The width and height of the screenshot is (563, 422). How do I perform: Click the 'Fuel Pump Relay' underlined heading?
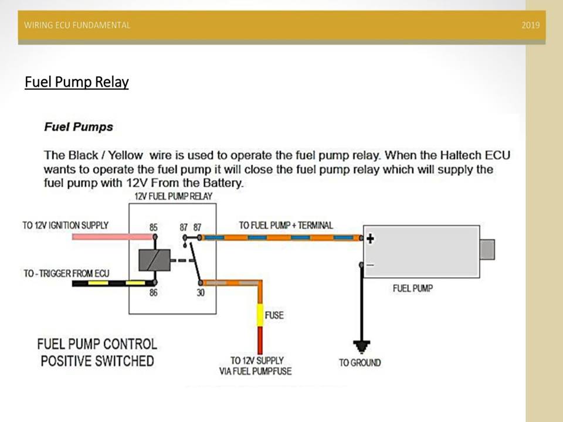[x=76, y=82]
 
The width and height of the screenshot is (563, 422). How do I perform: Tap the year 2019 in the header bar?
[x=530, y=25]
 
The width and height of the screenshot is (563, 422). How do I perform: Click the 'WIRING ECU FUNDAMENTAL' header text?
[x=77, y=25]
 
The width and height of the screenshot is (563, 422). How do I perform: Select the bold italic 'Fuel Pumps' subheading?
[x=79, y=127]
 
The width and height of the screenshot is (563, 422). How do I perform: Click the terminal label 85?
[x=154, y=227]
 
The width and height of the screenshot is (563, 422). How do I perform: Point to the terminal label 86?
[x=153, y=292]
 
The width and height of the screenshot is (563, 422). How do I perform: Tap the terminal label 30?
[x=201, y=292]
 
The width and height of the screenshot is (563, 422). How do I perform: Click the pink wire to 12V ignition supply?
[x=111, y=237]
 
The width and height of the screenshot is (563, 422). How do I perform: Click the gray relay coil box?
[x=154, y=260]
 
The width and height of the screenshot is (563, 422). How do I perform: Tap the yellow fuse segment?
[x=259, y=315]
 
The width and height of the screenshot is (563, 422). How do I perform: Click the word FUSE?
[x=274, y=315]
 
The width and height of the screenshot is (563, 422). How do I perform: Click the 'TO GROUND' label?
[x=359, y=363]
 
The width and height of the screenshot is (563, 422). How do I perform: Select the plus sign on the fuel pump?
[x=370, y=238]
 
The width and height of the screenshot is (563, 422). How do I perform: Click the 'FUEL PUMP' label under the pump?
[x=413, y=288]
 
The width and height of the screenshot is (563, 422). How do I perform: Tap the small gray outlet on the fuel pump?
[x=487, y=249]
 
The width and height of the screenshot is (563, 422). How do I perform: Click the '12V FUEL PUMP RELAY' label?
[x=174, y=196]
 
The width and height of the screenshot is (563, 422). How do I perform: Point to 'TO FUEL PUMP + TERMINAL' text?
[x=286, y=225]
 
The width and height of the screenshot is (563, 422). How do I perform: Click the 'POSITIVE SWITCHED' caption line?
[x=97, y=360]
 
